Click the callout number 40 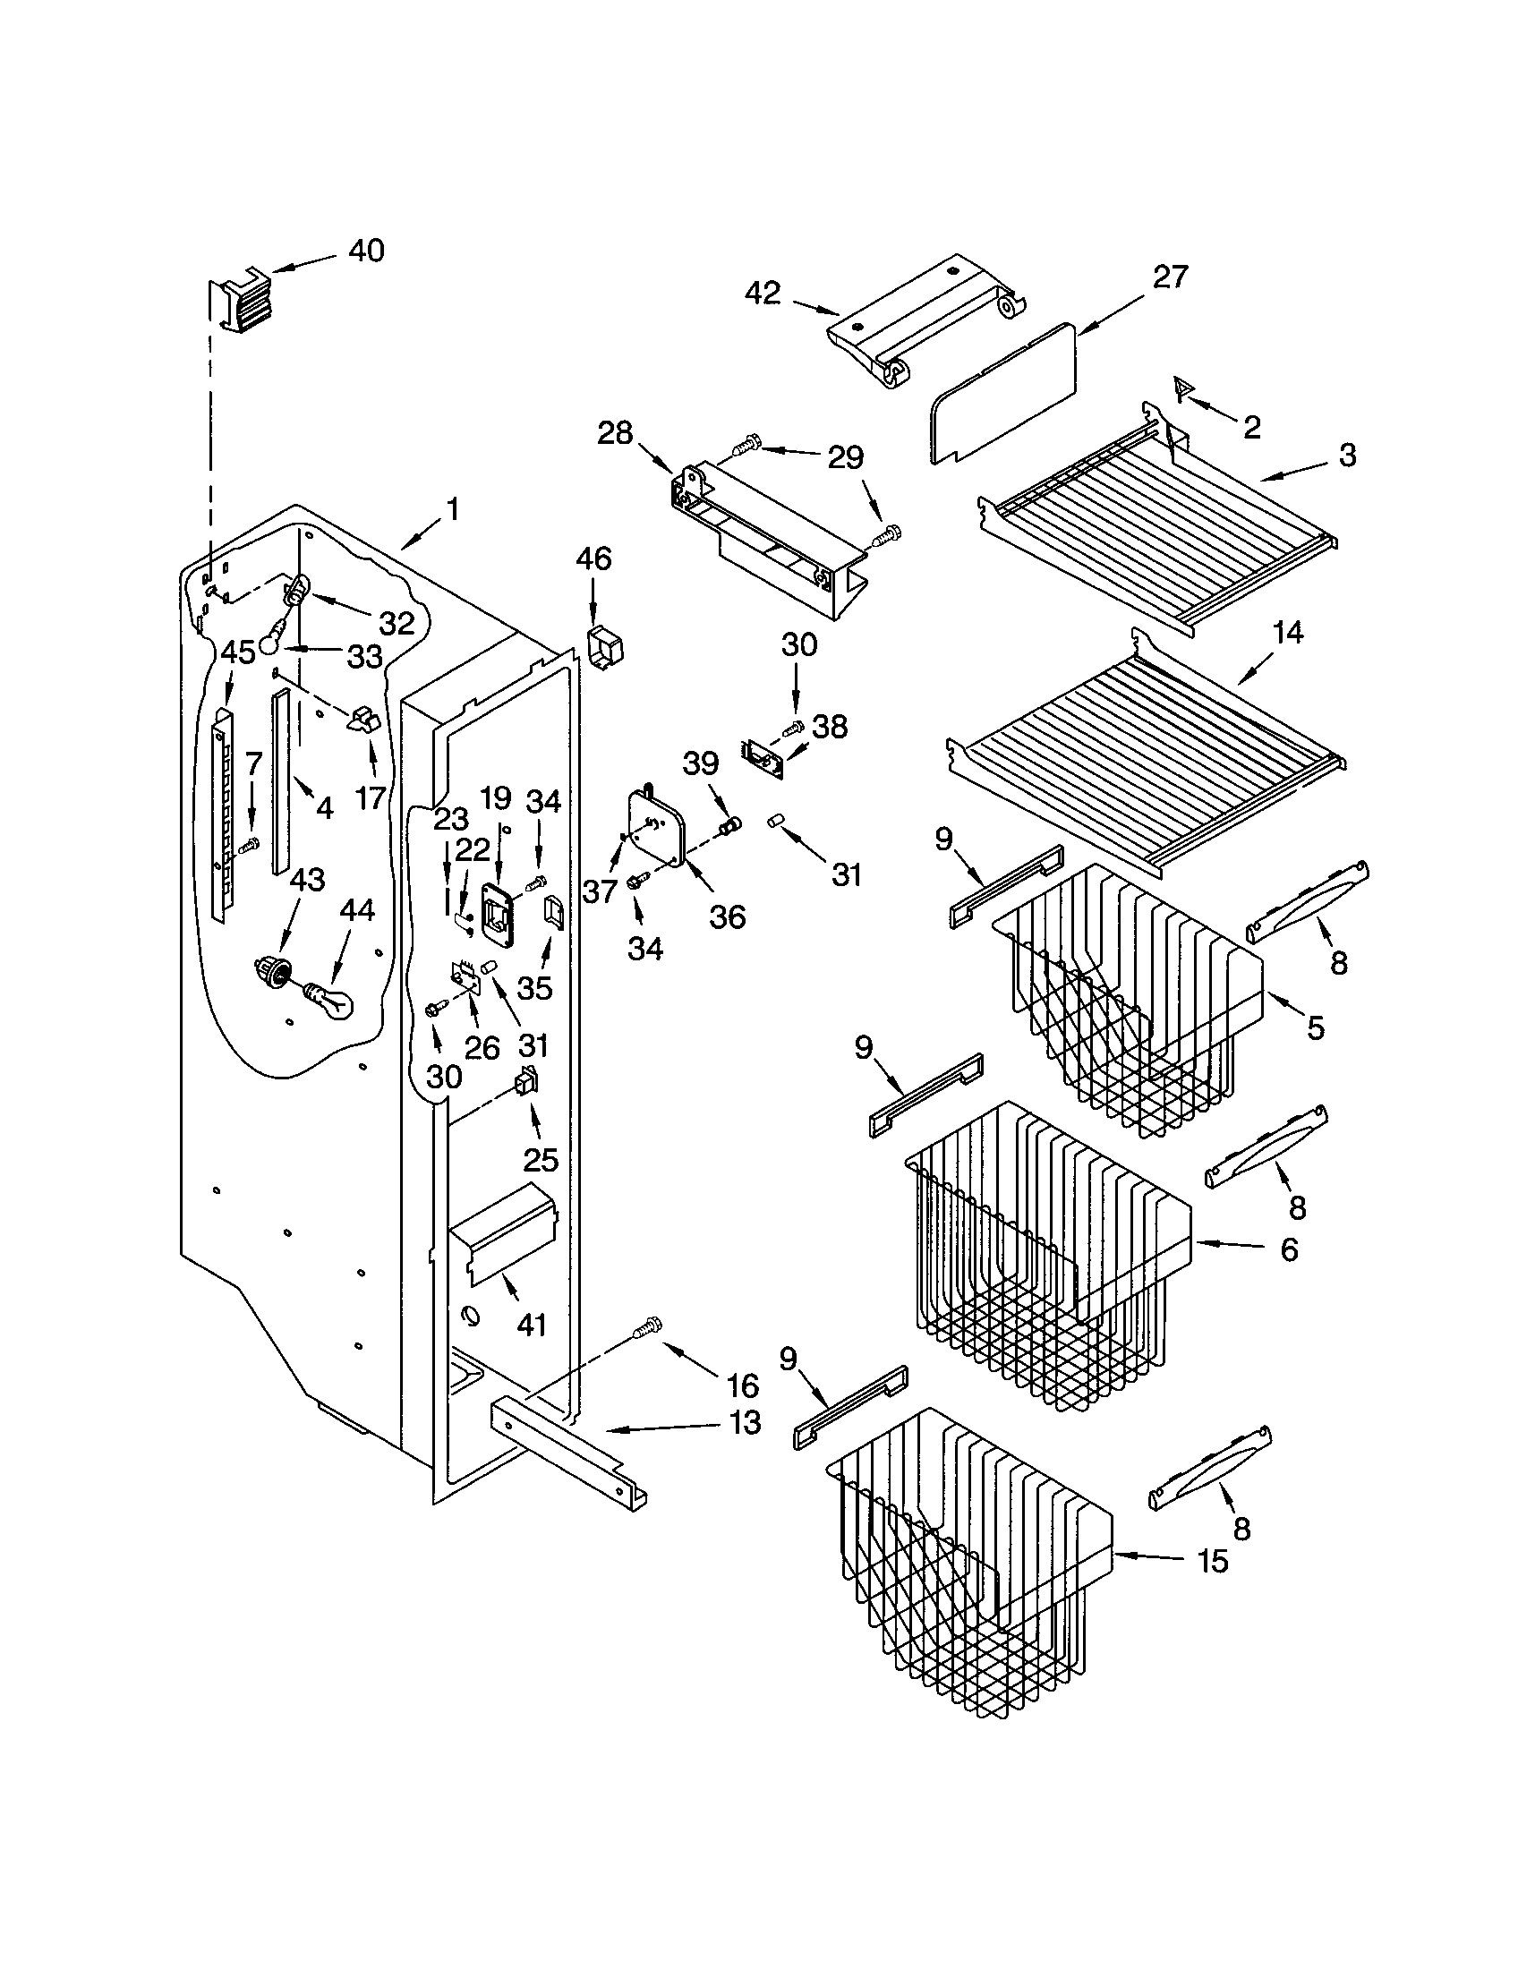366,251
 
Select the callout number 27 1169,277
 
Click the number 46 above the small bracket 593,559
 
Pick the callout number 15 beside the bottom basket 1214,1561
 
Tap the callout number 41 532,1325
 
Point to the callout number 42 763,293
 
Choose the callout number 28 615,433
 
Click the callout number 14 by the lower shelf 1288,633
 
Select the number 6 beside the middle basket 1290,1249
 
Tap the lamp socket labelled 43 271,971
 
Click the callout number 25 541,1159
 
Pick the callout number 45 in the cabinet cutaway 238,652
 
